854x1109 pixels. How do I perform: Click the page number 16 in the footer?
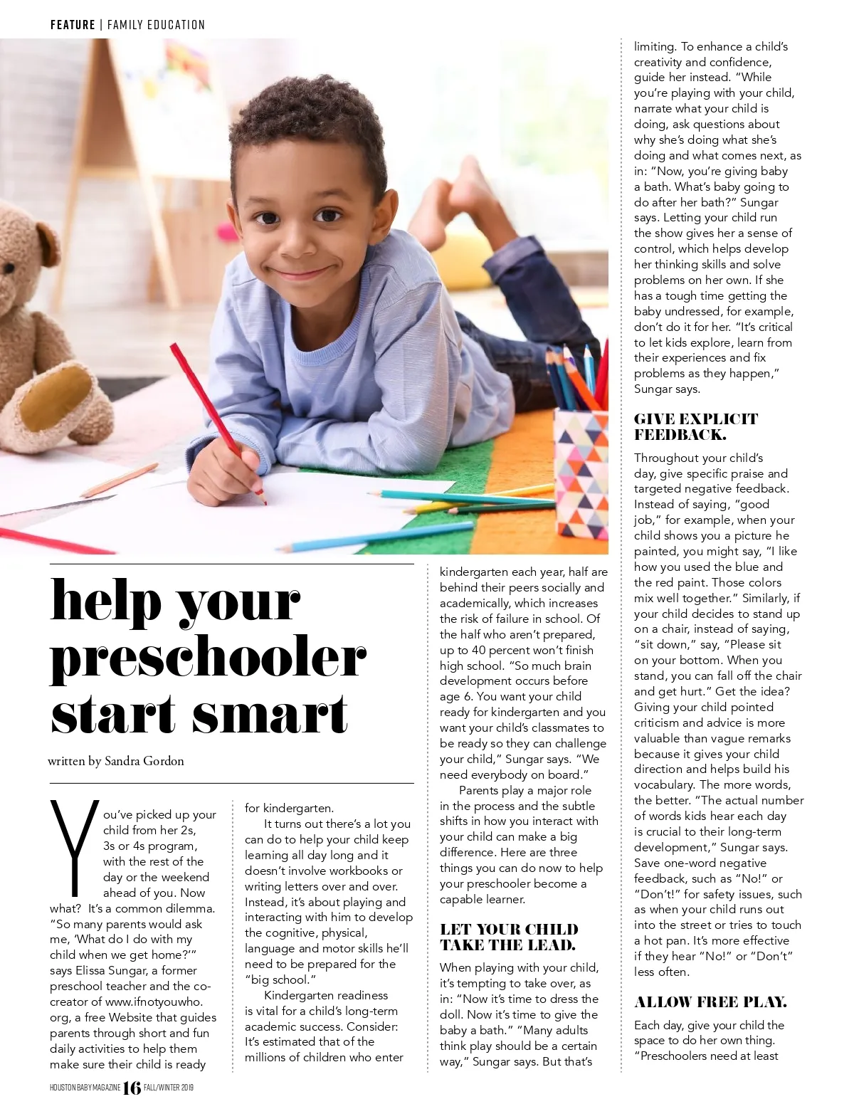[x=132, y=1088]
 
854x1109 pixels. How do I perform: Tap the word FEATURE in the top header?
[x=73, y=25]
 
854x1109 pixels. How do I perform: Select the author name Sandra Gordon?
[x=144, y=761]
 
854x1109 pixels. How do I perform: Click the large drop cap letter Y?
[x=73, y=847]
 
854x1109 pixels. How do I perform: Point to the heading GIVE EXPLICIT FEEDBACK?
[x=695, y=426]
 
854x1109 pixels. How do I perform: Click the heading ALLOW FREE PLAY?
[x=710, y=1002]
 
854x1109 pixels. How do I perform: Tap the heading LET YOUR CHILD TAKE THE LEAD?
[x=509, y=937]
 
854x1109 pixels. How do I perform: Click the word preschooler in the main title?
[x=208, y=658]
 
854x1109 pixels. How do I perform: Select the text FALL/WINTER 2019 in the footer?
[x=169, y=1088]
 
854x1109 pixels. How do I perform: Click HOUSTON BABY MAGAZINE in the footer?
[x=85, y=1088]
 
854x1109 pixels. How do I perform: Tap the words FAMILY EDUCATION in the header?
[x=156, y=25]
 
